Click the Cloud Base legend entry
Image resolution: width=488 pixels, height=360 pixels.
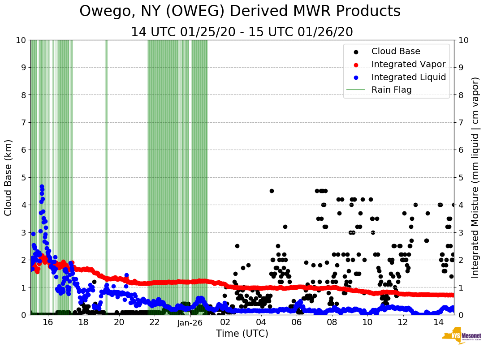(x=396, y=51)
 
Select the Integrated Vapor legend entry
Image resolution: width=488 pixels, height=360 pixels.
(x=408, y=64)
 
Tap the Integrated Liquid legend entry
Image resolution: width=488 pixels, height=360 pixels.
(x=408, y=77)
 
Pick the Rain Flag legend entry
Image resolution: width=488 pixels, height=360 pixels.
(x=391, y=90)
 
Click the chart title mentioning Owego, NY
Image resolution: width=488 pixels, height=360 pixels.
(x=240, y=12)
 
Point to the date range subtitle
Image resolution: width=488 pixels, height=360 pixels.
(x=242, y=32)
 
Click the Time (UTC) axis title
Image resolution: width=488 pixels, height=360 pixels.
(x=242, y=334)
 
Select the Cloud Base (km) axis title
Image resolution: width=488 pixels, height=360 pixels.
(x=9, y=177)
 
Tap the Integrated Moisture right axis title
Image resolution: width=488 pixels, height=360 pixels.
(x=476, y=177)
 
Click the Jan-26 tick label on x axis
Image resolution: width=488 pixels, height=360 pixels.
(x=190, y=322)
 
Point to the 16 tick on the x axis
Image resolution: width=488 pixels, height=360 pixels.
(x=48, y=322)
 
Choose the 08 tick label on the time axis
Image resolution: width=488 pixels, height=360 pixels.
(x=332, y=322)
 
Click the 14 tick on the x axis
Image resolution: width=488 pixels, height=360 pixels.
(x=438, y=322)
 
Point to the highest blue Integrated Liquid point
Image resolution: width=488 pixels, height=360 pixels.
(x=42, y=186)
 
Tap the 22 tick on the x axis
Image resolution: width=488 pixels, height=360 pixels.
(x=155, y=322)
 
